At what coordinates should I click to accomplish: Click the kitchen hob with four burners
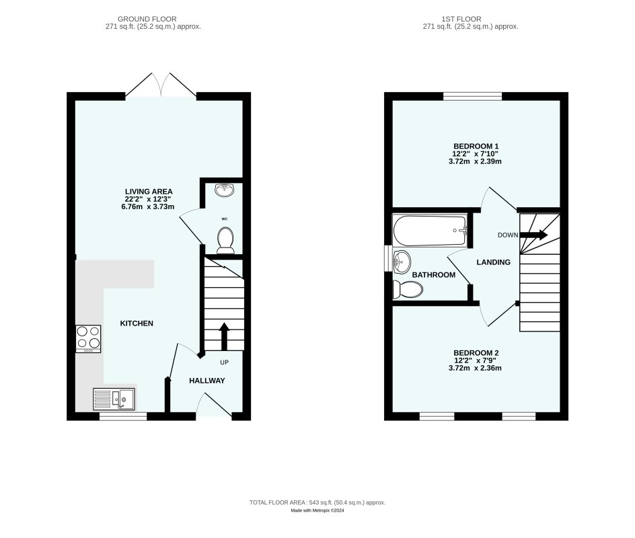click(88, 338)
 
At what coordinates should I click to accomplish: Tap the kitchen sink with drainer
click(114, 399)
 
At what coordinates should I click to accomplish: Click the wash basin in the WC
click(224, 190)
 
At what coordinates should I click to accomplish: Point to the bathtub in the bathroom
click(430, 229)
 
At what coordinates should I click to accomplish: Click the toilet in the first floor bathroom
click(408, 289)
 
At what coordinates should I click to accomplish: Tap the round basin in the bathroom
click(402, 260)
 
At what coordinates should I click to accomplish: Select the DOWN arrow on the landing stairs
click(533, 235)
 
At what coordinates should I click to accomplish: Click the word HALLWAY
click(207, 381)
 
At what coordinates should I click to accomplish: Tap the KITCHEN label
click(137, 323)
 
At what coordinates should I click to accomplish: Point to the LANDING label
click(494, 262)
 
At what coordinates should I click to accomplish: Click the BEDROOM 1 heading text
click(476, 146)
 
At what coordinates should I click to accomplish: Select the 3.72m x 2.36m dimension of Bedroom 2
click(477, 368)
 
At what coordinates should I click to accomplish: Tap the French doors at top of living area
click(161, 86)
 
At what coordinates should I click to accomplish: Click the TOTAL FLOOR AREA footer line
click(317, 502)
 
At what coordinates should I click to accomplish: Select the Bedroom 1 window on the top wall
click(472, 96)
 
